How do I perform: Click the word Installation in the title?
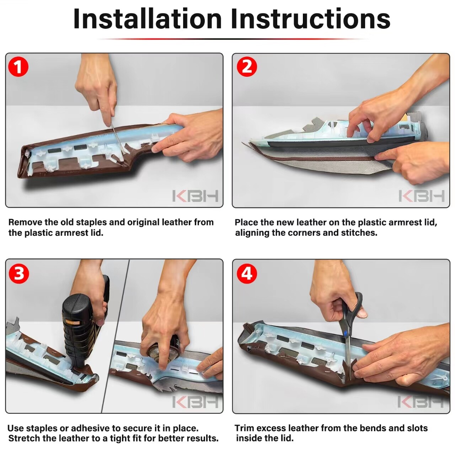click(147, 19)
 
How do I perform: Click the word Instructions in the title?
click(310, 19)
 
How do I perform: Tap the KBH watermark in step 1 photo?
click(195, 196)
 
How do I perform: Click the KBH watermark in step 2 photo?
click(422, 196)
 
